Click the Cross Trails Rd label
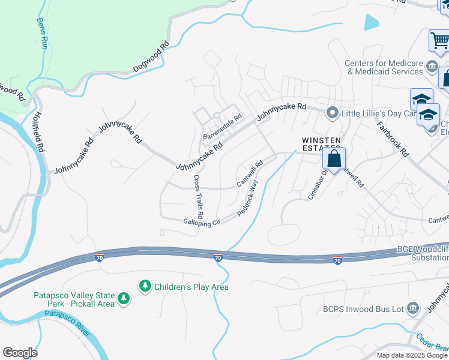click(197, 197)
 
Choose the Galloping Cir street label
click(202, 222)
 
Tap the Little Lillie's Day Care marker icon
click(332, 113)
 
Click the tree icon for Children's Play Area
click(145, 287)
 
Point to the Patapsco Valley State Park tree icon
click(124, 298)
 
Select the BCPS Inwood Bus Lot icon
click(412, 309)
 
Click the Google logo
click(20, 353)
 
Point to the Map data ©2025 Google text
click(411, 355)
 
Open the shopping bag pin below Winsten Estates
click(334, 160)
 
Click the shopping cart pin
click(440, 41)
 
